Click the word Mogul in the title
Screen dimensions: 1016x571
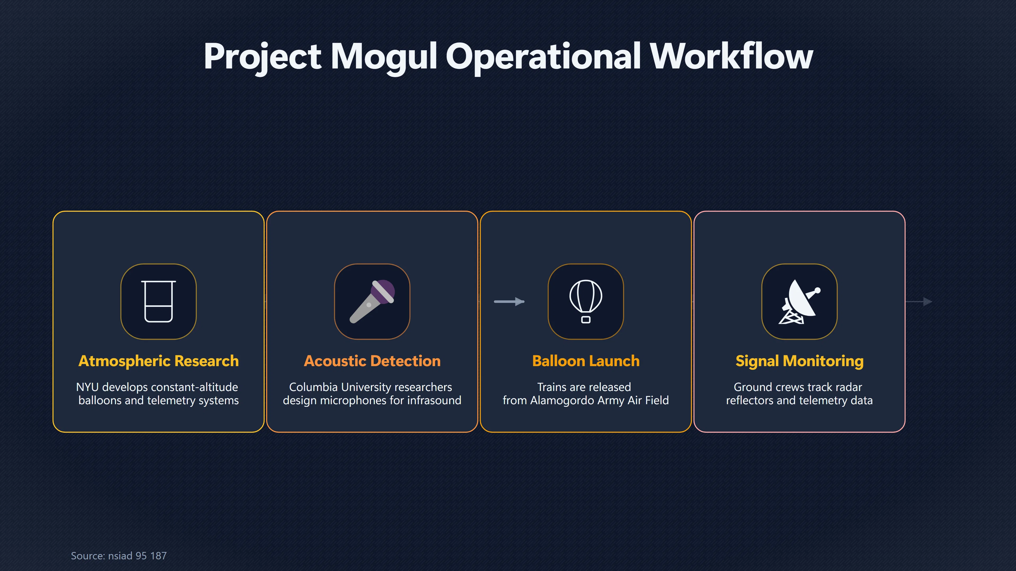click(x=384, y=57)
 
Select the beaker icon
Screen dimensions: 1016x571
click(x=158, y=301)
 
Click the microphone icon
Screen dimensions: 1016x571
click(x=372, y=301)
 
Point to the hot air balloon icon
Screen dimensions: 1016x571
click(x=586, y=301)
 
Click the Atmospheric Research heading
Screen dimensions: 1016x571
click(x=158, y=361)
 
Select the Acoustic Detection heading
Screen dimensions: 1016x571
click(x=372, y=361)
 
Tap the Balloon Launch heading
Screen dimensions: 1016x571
click(x=586, y=361)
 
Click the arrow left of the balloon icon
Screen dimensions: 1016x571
click(x=509, y=302)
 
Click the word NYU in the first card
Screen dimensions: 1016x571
click(x=87, y=387)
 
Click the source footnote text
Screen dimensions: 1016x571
click(x=119, y=556)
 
